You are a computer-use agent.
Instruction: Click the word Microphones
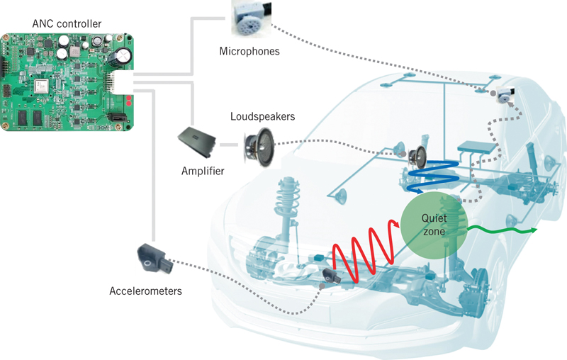(249, 51)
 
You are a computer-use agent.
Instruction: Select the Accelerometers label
(145, 291)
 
